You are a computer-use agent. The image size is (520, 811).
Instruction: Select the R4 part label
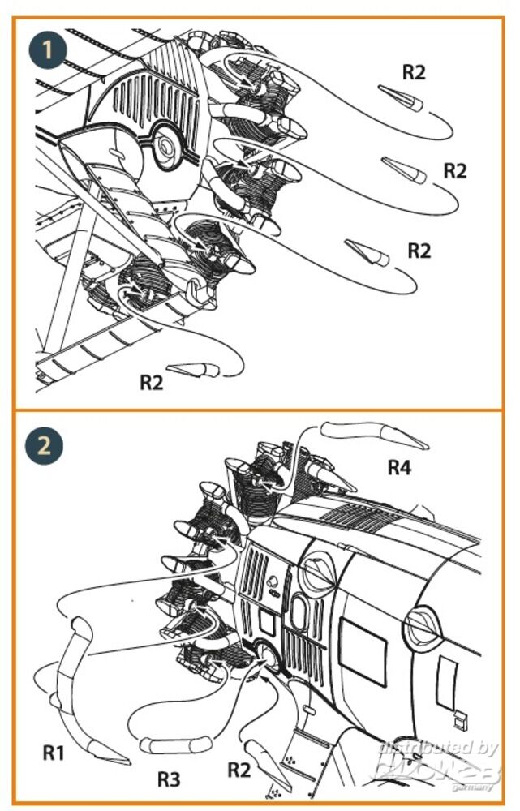(x=400, y=467)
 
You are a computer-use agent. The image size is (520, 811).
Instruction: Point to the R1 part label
(x=54, y=753)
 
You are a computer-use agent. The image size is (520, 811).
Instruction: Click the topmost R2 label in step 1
(x=414, y=71)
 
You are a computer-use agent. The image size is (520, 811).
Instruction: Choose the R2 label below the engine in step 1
(x=151, y=382)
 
